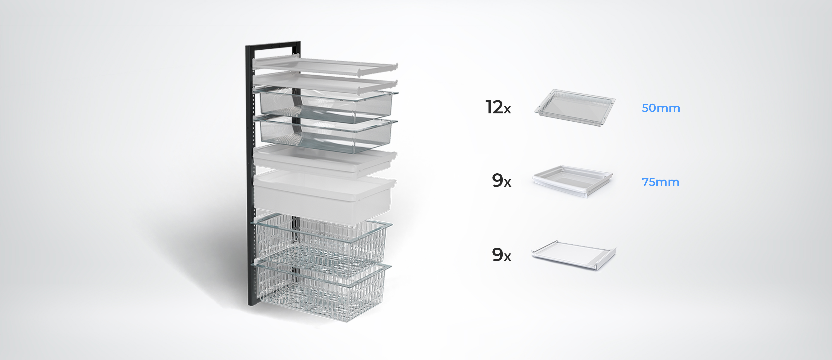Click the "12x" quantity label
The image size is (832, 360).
[x=498, y=108]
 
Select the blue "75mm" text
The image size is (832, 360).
[x=660, y=182]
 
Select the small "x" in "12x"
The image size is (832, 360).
[x=507, y=110]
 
